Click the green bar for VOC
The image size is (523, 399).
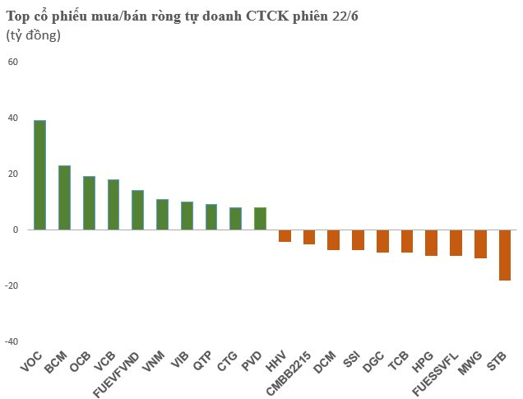pyautogui.click(x=40, y=174)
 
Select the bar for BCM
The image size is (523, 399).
pyautogui.click(x=64, y=197)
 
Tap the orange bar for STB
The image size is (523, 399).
pyautogui.click(x=505, y=255)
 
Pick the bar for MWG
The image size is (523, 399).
pyautogui.click(x=480, y=244)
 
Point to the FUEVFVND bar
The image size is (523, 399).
pyautogui.click(x=138, y=210)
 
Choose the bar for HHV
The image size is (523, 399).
pyautogui.click(x=285, y=236)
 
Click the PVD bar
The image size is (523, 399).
pyautogui.click(x=260, y=219)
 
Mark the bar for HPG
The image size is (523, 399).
pyautogui.click(x=431, y=243)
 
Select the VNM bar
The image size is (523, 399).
pyautogui.click(x=163, y=215)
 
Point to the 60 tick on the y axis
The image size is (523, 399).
pyautogui.click(x=13, y=62)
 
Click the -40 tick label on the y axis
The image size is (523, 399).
pyautogui.click(x=12, y=341)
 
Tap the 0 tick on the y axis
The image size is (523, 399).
pyautogui.click(x=16, y=230)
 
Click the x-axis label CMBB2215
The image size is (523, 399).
pyautogui.click(x=289, y=373)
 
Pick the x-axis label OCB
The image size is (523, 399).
pyautogui.click(x=81, y=362)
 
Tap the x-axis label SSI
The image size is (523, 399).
pyautogui.click(x=352, y=360)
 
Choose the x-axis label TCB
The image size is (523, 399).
pyautogui.click(x=399, y=361)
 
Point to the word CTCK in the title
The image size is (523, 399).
pyautogui.click(x=267, y=16)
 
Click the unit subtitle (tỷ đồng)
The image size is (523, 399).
pyautogui.click(x=34, y=35)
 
